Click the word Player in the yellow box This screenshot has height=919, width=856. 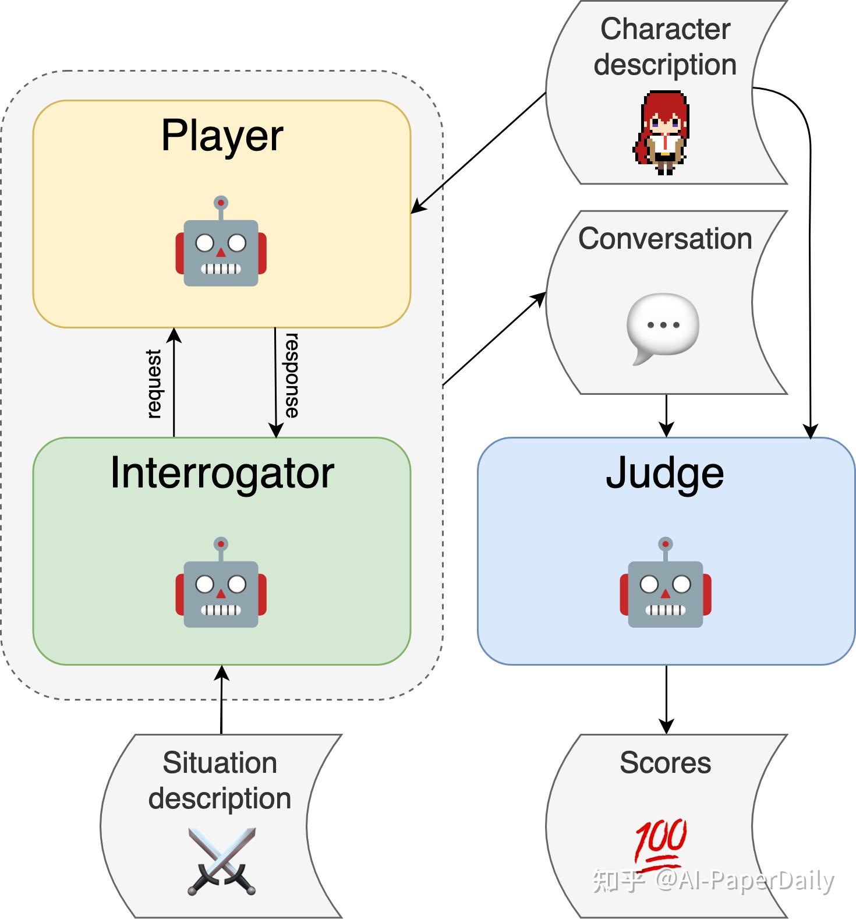click(x=222, y=136)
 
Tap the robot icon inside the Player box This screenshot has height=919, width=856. click(x=221, y=245)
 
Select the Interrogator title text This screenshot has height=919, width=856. click(x=222, y=472)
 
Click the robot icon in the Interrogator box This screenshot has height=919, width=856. click(x=221, y=585)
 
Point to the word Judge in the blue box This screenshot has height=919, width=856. click(x=664, y=472)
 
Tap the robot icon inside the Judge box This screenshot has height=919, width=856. click(x=665, y=585)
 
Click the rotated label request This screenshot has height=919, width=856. click(x=154, y=383)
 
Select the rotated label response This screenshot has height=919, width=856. click(x=292, y=375)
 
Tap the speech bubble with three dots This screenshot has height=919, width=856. click(x=662, y=327)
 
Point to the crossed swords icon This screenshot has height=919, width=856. click(x=221, y=861)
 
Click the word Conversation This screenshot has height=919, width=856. click(x=665, y=239)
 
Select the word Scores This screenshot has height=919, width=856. click(x=665, y=762)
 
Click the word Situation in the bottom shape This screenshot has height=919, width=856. click(x=220, y=762)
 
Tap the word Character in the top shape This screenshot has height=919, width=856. click(x=665, y=29)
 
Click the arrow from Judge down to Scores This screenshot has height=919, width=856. click(x=666, y=699)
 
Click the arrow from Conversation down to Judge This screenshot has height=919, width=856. click(x=666, y=415)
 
